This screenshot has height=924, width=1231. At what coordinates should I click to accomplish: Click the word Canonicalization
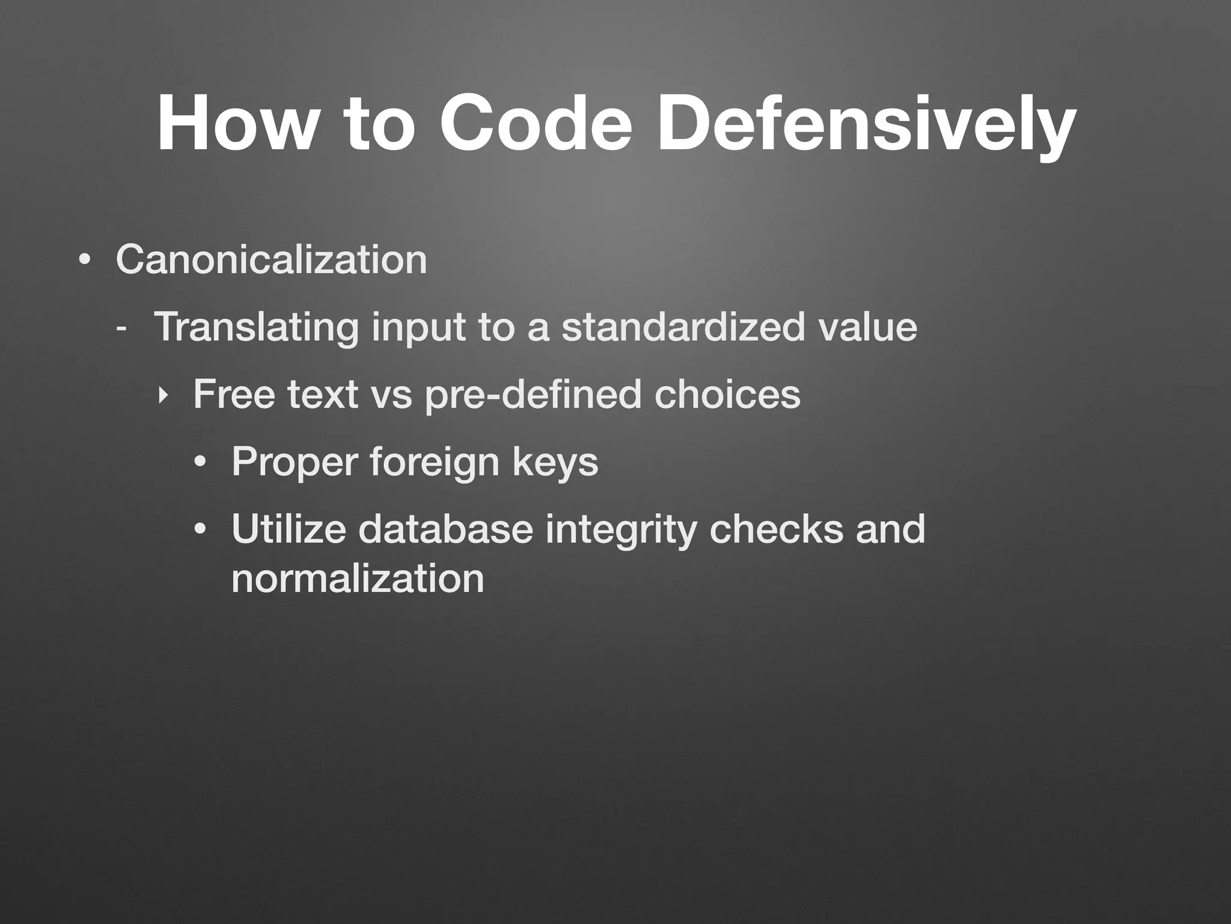point(271,260)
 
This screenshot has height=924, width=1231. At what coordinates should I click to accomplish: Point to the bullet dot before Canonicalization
point(84,261)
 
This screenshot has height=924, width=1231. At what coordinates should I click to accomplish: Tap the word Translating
point(256,328)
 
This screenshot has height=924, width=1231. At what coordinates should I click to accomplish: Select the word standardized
point(682,328)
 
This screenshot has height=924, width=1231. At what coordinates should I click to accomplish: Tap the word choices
point(727,395)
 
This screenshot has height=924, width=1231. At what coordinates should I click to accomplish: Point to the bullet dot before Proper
point(200,463)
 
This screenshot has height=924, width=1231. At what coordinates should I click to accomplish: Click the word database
point(445,529)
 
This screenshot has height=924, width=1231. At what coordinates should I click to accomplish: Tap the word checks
point(776,529)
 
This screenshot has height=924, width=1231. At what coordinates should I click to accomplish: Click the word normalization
point(358,579)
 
